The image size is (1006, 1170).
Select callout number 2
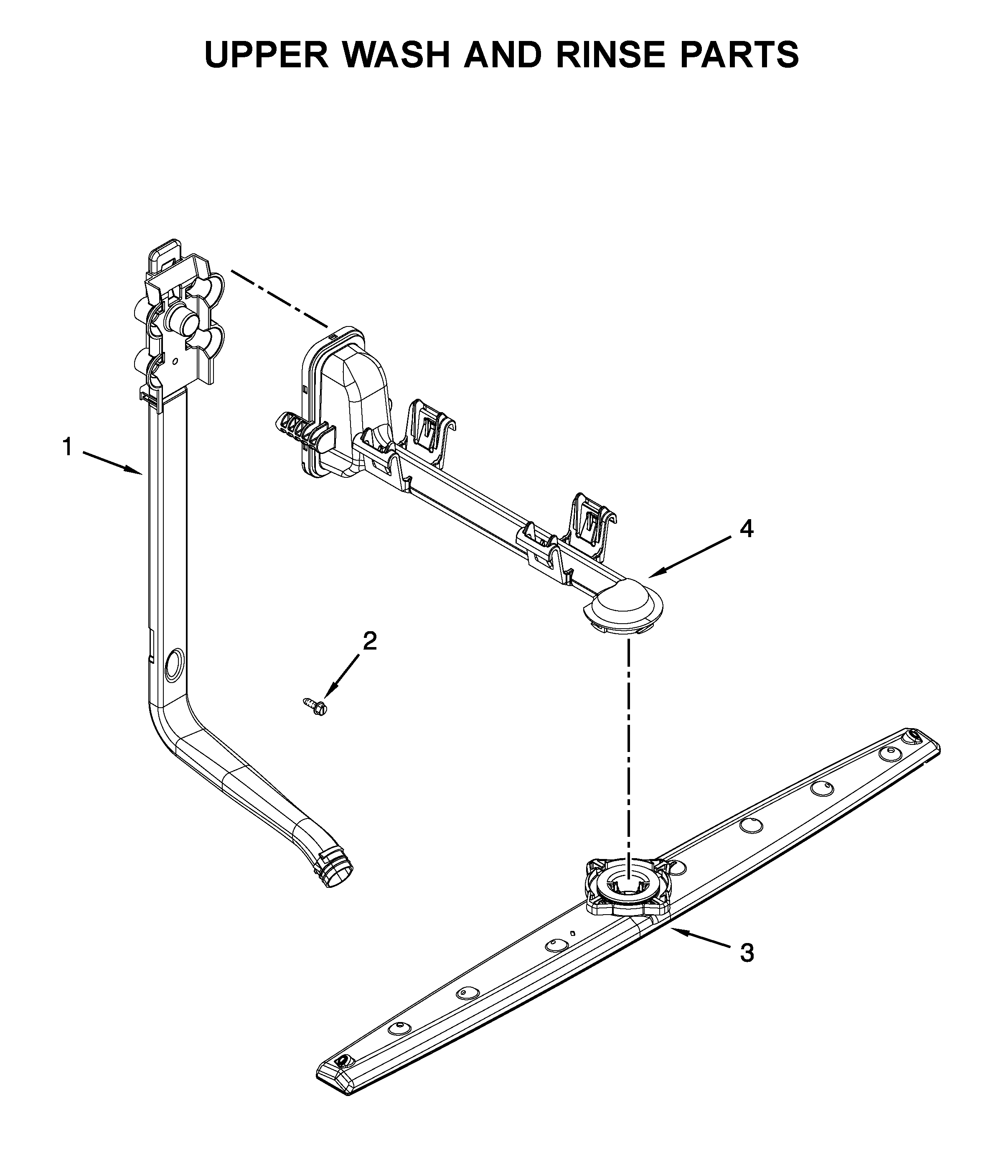coord(370,641)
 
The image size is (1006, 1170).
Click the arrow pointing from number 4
coord(691,557)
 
